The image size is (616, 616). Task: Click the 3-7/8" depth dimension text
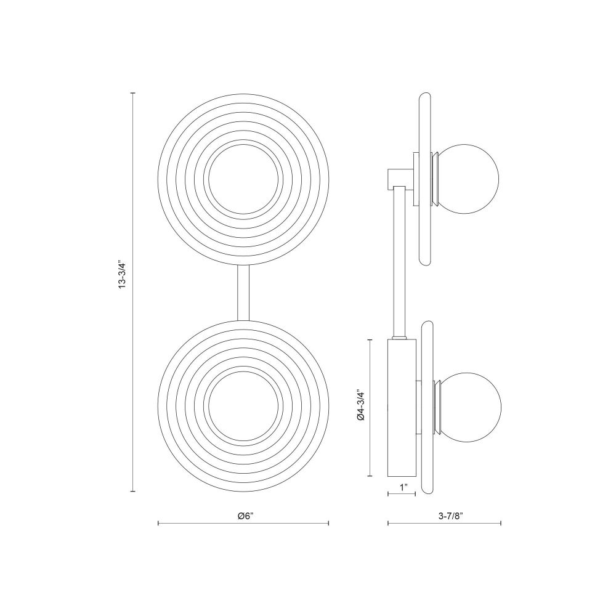(x=451, y=516)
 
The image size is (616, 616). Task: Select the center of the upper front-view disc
(x=243, y=179)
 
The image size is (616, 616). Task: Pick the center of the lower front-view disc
(x=243, y=405)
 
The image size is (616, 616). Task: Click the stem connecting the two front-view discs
(x=243, y=293)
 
